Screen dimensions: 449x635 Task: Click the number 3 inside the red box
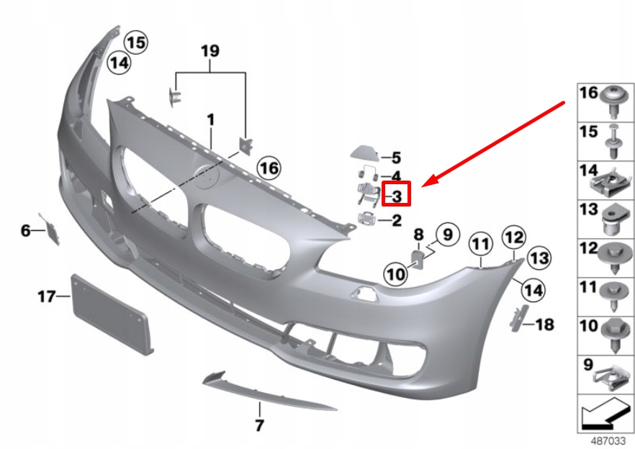pos(397,195)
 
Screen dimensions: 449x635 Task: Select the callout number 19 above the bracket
pos(210,51)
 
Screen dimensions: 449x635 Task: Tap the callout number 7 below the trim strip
pos(259,426)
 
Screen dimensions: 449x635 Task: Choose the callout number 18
pos(544,325)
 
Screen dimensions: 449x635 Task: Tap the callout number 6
pos(26,230)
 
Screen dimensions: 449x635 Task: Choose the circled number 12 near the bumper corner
pos(514,236)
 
